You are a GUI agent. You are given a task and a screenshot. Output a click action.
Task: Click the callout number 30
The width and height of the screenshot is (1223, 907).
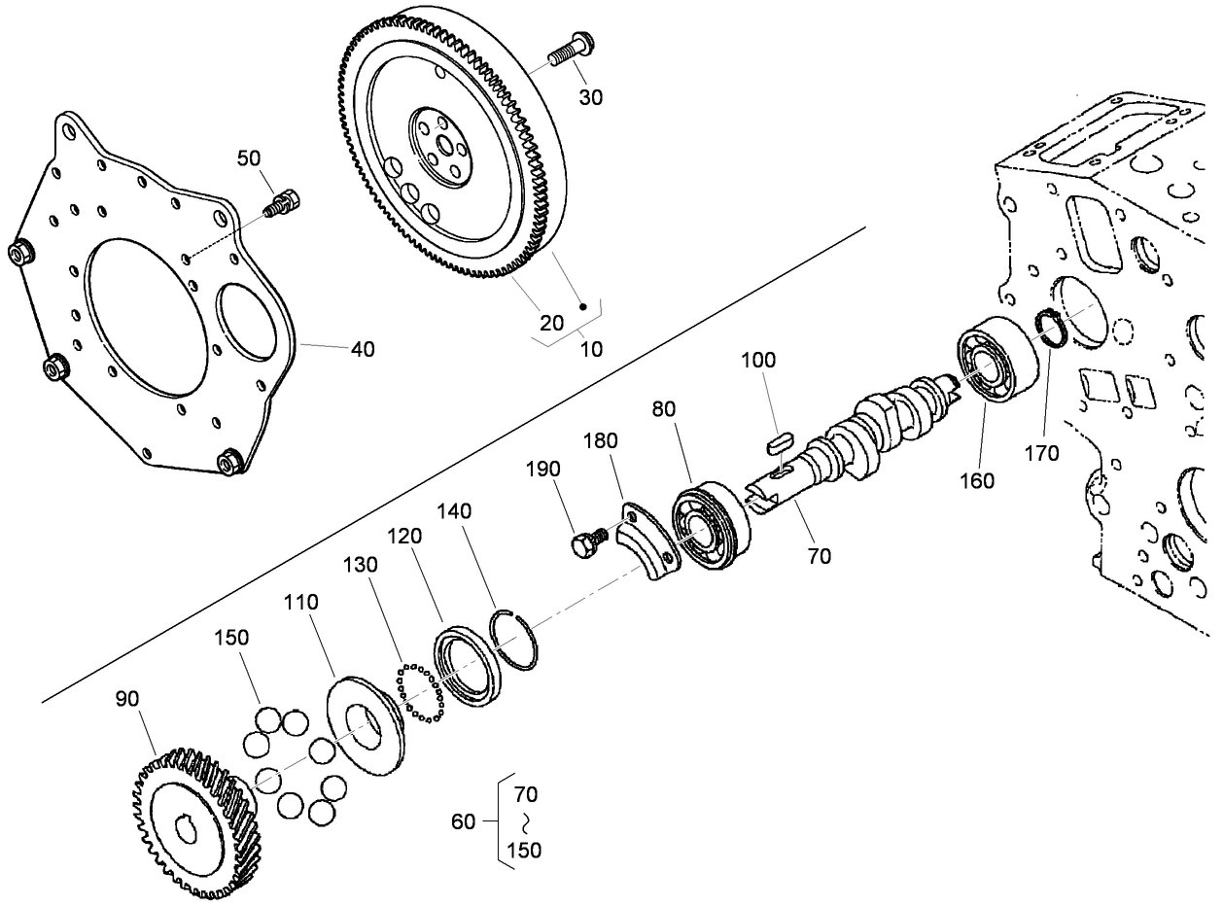(x=590, y=97)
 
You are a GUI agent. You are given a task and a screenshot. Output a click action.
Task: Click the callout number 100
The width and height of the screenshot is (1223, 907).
(x=758, y=360)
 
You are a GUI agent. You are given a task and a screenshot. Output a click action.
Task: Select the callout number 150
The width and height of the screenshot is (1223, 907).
(x=231, y=638)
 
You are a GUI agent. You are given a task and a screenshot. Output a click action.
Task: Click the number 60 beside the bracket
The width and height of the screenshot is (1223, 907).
(x=464, y=821)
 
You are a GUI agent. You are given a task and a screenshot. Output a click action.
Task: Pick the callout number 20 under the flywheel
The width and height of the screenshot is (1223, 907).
(x=552, y=323)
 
